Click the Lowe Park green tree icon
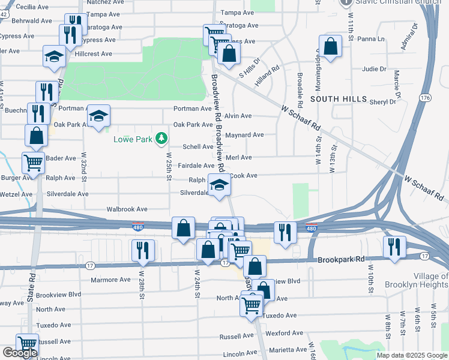click(x=161, y=139)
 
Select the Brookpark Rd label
click(x=342, y=260)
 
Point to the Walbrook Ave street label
click(x=127, y=209)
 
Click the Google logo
click(x=19, y=353)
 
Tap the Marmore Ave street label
click(x=110, y=280)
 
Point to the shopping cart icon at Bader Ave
click(x=33, y=162)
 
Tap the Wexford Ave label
click(x=282, y=332)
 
